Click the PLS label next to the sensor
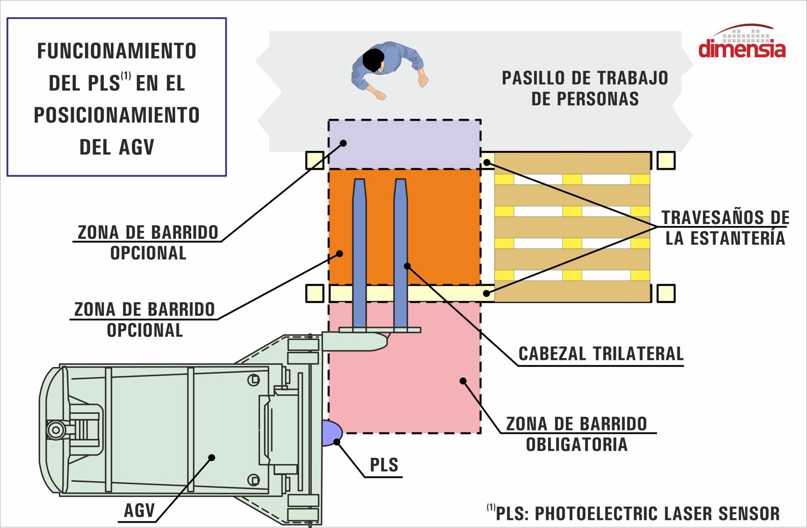(384, 465)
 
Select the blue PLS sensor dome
(331, 433)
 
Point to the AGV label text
(140, 511)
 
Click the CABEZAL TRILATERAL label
(601, 354)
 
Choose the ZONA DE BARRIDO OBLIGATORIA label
(576, 434)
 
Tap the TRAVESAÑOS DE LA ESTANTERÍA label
(725, 228)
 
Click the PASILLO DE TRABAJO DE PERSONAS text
(585, 88)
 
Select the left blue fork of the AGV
(359, 252)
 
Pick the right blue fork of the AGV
(401, 252)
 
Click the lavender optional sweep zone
(404, 144)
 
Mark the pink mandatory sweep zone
(404, 378)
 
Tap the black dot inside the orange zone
(340, 253)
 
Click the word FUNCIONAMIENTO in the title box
(117, 51)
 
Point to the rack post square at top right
(666, 161)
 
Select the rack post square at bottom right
(666, 293)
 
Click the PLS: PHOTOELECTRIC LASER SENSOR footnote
(633, 513)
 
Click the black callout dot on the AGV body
(212, 457)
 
